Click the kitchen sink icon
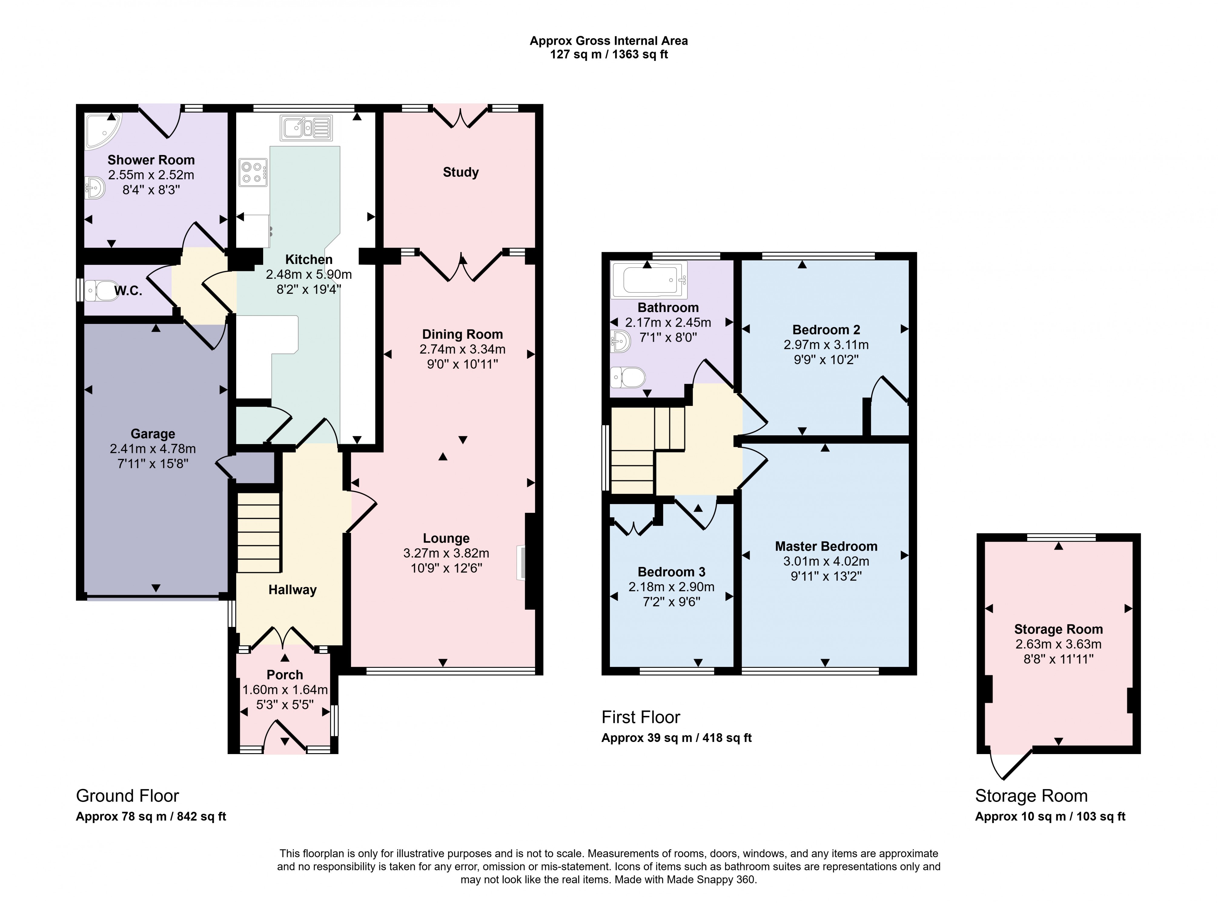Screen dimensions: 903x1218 coord(306,128)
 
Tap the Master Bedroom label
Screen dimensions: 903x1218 coord(826,546)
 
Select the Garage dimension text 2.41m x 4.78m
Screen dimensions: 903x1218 coord(153,449)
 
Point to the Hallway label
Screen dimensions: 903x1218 coord(293,590)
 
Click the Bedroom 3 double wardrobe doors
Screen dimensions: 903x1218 coord(633,527)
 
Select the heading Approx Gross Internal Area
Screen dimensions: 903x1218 coord(608,41)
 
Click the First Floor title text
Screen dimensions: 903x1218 coord(641,717)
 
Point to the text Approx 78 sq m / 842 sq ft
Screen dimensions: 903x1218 coord(151,817)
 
